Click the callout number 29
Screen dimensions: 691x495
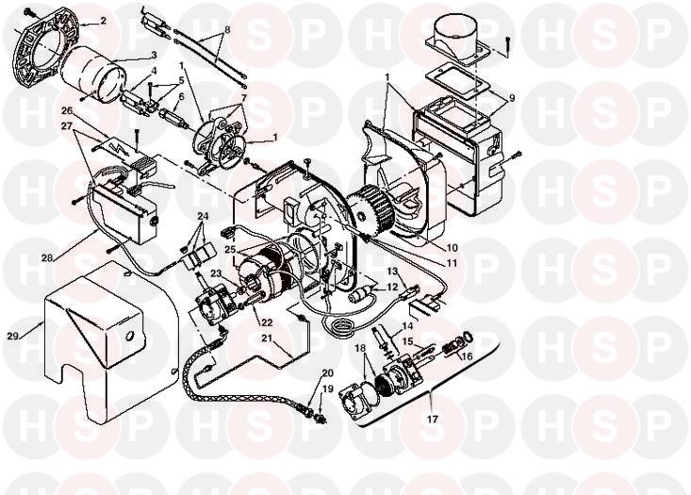pos(13,337)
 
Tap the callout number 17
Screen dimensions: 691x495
pos(433,419)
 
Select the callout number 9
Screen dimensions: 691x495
pos(511,98)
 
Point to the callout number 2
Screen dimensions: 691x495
pos(103,21)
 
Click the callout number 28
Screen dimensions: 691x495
pos(47,257)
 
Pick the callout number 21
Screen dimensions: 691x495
pos(266,338)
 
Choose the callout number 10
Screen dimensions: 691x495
pos(452,248)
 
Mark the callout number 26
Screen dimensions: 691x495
pos(66,109)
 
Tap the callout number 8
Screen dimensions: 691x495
pos(227,30)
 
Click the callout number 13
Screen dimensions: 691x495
pos(392,271)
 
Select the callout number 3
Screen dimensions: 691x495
pos(154,55)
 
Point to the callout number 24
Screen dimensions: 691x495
pos(203,217)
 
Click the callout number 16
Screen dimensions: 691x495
pos(466,355)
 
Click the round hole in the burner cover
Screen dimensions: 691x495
pos(130,337)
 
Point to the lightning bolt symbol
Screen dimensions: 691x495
pos(119,149)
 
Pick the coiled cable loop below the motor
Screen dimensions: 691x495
pos(339,327)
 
